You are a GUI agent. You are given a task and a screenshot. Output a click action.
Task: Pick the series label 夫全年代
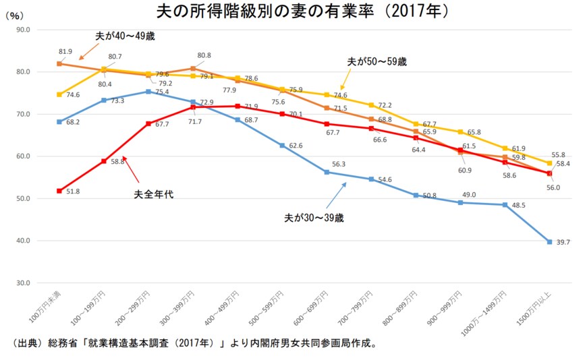pos(151,195)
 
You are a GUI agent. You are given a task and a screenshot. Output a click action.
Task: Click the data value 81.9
pos(65,51)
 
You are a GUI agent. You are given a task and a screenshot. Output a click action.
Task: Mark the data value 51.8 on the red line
pos(72,192)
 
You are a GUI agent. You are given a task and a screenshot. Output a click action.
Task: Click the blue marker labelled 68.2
pos(59,122)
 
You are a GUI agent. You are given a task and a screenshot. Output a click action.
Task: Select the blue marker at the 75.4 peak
pos(148,92)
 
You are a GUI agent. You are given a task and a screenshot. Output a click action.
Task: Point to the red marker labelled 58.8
pos(103,161)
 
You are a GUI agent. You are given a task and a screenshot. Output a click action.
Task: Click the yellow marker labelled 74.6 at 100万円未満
pos(59,94)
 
